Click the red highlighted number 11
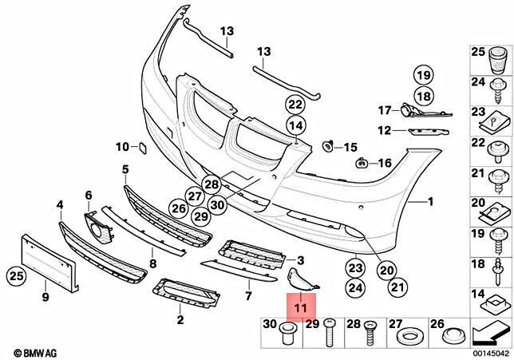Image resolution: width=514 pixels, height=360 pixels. pyautogui.click(x=301, y=304)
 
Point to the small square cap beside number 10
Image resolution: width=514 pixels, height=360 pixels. pyautogui.click(x=137, y=147)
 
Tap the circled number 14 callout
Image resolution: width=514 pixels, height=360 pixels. pyautogui.click(x=296, y=125)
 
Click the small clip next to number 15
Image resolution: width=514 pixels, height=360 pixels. pyautogui.click(x=328, y=146)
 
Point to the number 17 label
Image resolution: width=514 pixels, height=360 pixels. pyautogui.click(x=383, y=110)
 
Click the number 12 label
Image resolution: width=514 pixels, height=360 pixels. pyautogui.click(x=383, y=129)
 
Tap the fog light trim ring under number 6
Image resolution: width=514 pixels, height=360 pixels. pyautogui.click(x=101, y=227)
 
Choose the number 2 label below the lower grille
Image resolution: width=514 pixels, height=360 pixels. pyautogui.click(x=180, y=320)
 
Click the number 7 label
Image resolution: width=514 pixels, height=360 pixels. pyautogui.click(x=248, y=296)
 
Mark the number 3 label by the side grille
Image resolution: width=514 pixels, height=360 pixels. pyautogui.click(x=301, y=260)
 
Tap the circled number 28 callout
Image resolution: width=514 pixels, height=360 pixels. pyautogui.click(x=211, y=184)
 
